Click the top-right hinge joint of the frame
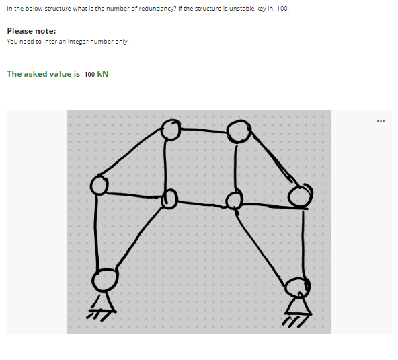[238, 131]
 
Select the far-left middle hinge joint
[99, 184]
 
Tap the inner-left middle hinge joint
[169, 199]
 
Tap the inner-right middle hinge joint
[234, 201]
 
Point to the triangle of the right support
[297, 306]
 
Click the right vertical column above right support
[304, 242]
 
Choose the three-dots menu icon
[381, 122]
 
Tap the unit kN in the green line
[104, 74]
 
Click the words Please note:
[32, 31]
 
